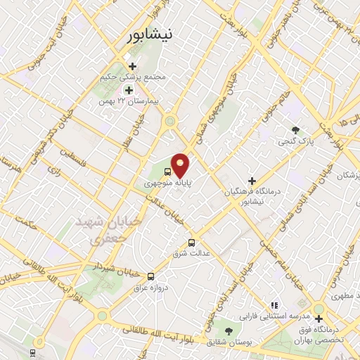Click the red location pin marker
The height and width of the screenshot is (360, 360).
coord(181,165)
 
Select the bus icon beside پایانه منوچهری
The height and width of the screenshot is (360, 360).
coord(168,171)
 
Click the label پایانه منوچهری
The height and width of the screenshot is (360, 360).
coord(168,182)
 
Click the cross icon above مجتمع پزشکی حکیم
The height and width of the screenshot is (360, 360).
coord(131,66)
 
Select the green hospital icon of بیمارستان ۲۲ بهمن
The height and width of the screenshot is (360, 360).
coord(129,89)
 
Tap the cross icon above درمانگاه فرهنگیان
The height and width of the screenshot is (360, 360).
coord(252,181)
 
